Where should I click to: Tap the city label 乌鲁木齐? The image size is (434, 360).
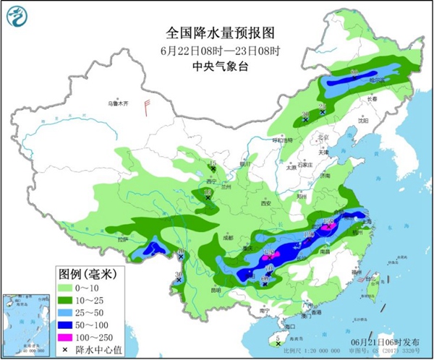[117, 104]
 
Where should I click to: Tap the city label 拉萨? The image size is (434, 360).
[122, 239]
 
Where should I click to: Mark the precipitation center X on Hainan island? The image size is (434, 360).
[278, 343]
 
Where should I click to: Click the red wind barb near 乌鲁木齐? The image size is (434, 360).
[148, 108]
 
